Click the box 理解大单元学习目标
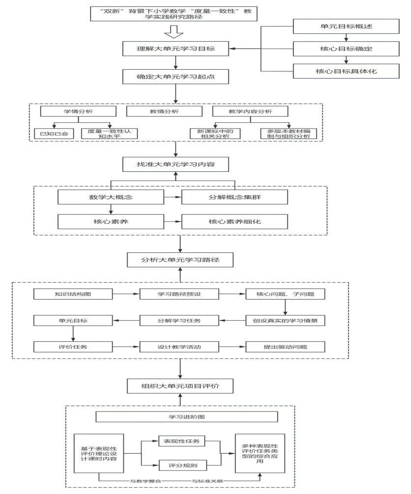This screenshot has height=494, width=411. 176,49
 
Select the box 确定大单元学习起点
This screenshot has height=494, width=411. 176,77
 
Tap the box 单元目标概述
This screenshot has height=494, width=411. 346,26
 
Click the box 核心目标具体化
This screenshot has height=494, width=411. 346,71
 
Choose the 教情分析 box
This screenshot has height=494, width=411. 164,112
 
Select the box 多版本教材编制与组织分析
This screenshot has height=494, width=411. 289,133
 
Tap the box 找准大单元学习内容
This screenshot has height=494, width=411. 176,165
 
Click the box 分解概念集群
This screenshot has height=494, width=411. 234,197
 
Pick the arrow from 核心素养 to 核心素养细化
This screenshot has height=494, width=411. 172,222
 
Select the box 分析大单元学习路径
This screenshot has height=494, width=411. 179,260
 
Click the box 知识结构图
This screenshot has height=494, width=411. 73,294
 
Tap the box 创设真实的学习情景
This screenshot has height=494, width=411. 285,321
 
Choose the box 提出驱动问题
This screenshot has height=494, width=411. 285,347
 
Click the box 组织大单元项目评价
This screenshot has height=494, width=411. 179,386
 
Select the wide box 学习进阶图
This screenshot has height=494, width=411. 186,417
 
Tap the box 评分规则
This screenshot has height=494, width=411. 182,465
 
